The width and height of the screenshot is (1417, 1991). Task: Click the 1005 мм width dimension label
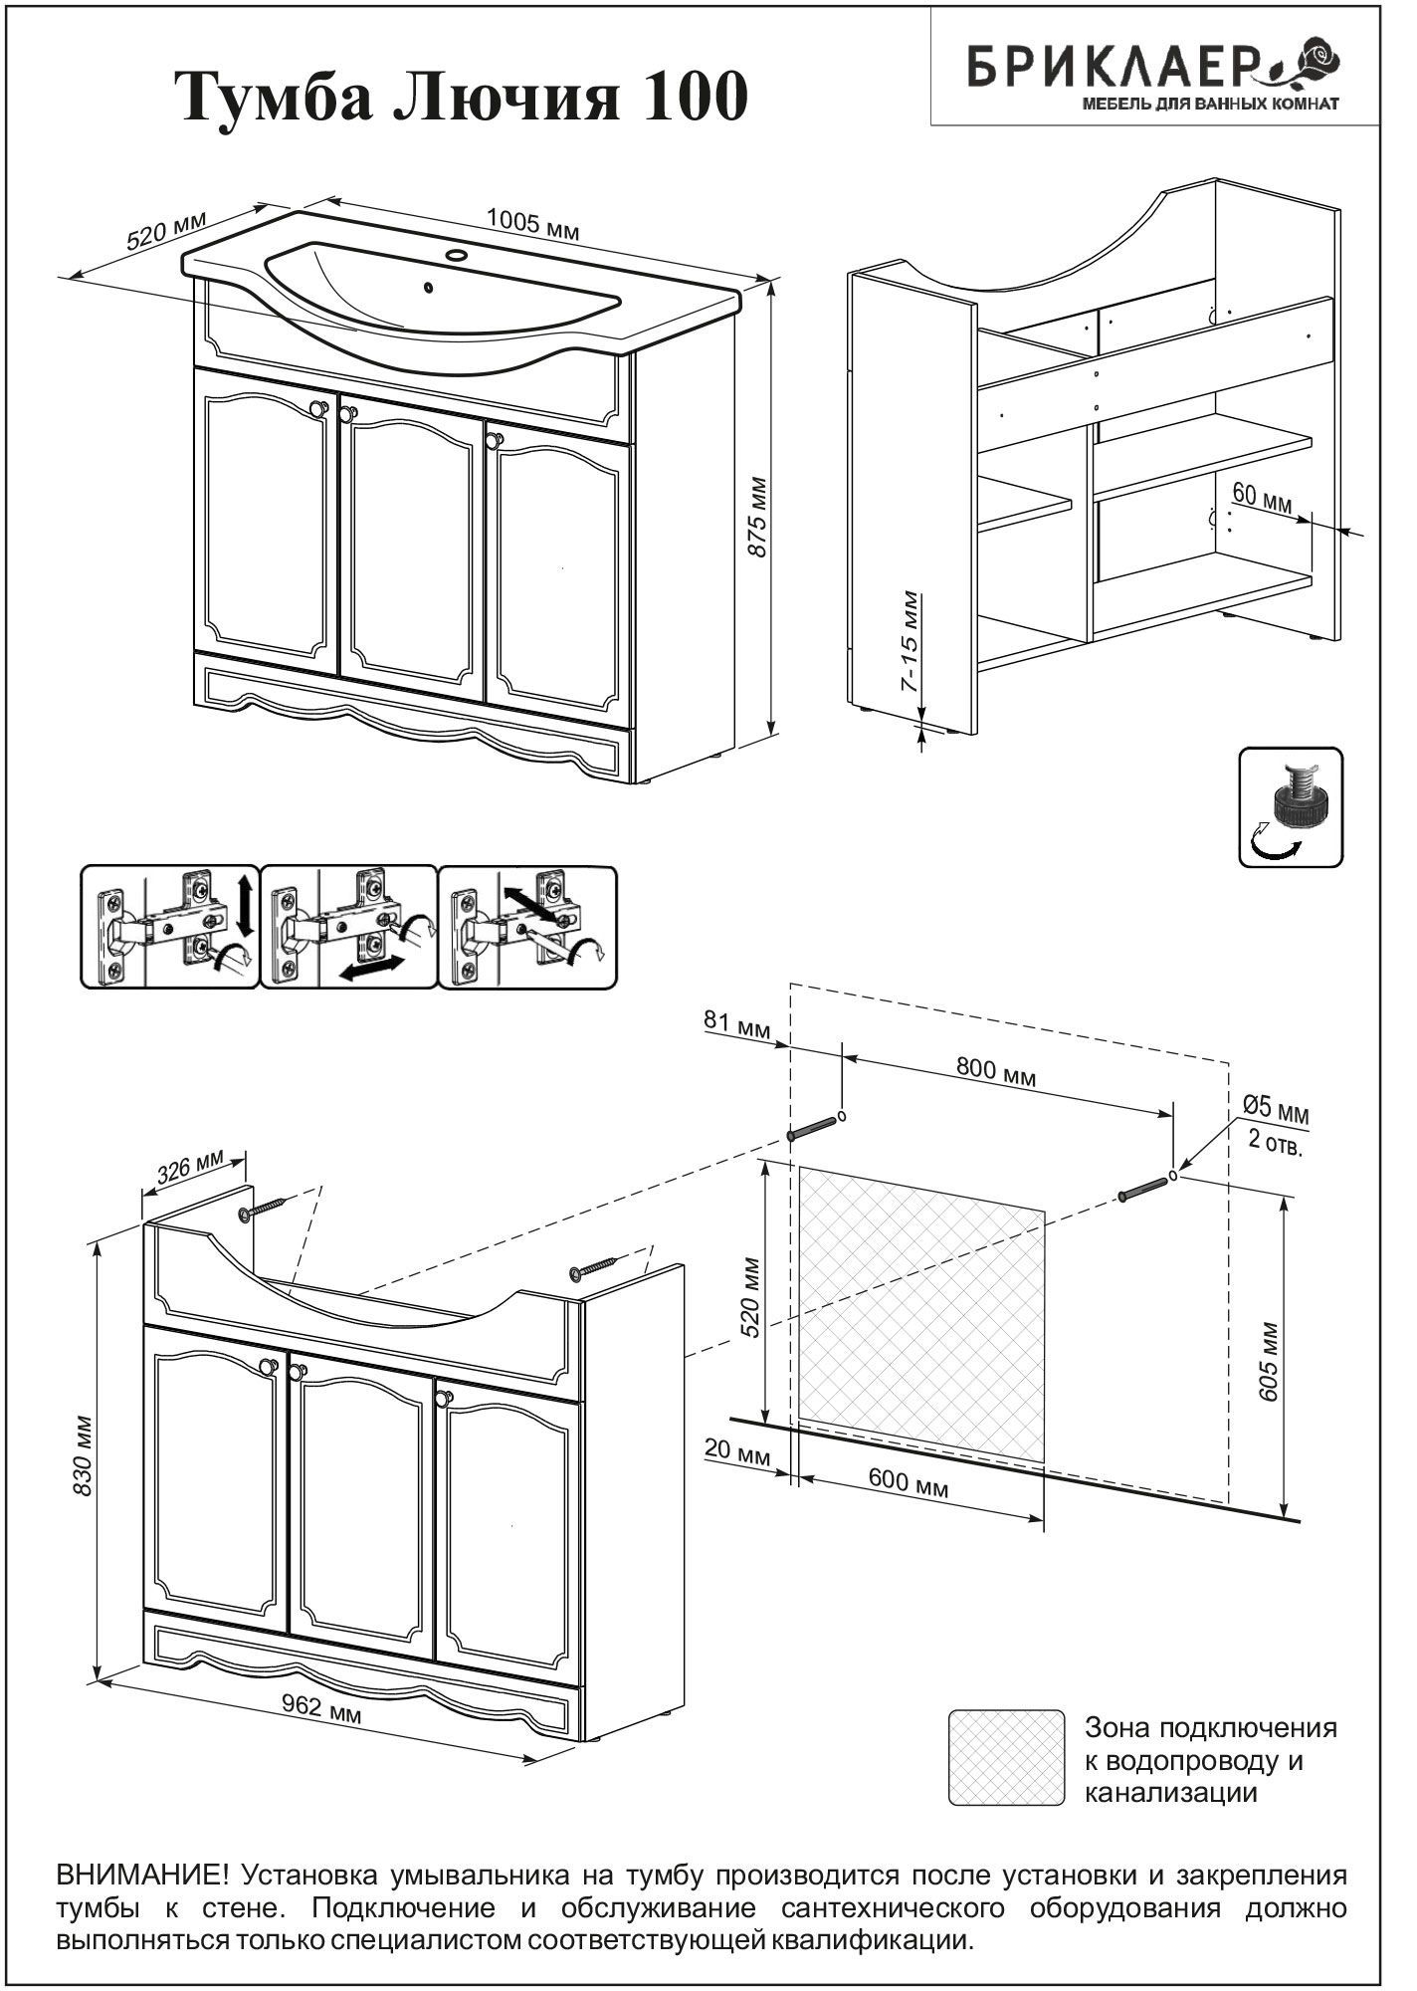pos(532,223)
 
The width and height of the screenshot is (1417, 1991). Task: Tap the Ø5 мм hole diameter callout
pos(1277,1110)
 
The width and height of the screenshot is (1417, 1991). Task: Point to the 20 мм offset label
pos(737,1450)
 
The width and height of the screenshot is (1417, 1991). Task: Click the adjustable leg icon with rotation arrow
pos(1290,806)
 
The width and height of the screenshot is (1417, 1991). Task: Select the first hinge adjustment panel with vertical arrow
pos(168,927)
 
